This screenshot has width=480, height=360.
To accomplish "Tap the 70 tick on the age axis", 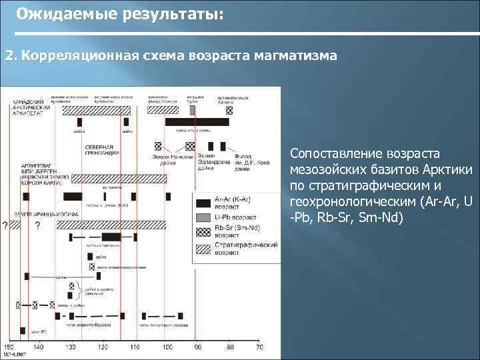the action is (x=259, y=347).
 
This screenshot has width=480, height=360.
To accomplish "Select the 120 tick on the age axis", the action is (x=103, y=347).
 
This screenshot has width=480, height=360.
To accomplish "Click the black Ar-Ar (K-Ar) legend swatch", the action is (x=203, y=199).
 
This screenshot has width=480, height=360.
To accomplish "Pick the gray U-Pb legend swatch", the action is (x=203, y=216).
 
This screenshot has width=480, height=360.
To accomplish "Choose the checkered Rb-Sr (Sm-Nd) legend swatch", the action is (x=203, y=232).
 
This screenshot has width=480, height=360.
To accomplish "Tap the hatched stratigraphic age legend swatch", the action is (x=203, y=249).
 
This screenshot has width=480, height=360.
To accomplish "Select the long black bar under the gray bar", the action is (x=197, y=122).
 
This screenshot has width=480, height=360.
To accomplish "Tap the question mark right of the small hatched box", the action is (x=37, y=225).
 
